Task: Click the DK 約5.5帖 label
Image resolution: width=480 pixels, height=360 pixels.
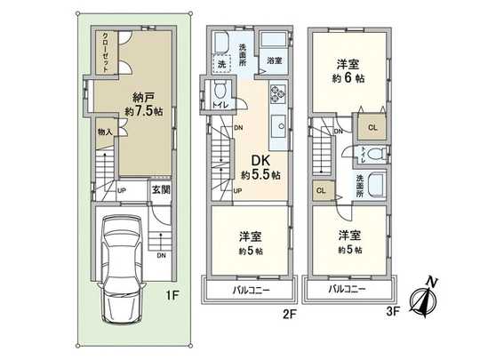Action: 260,166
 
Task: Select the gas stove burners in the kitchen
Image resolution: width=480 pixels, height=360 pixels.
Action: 276,92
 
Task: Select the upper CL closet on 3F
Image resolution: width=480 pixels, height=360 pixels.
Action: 372,127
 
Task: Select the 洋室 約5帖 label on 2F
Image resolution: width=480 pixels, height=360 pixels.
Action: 248,243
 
